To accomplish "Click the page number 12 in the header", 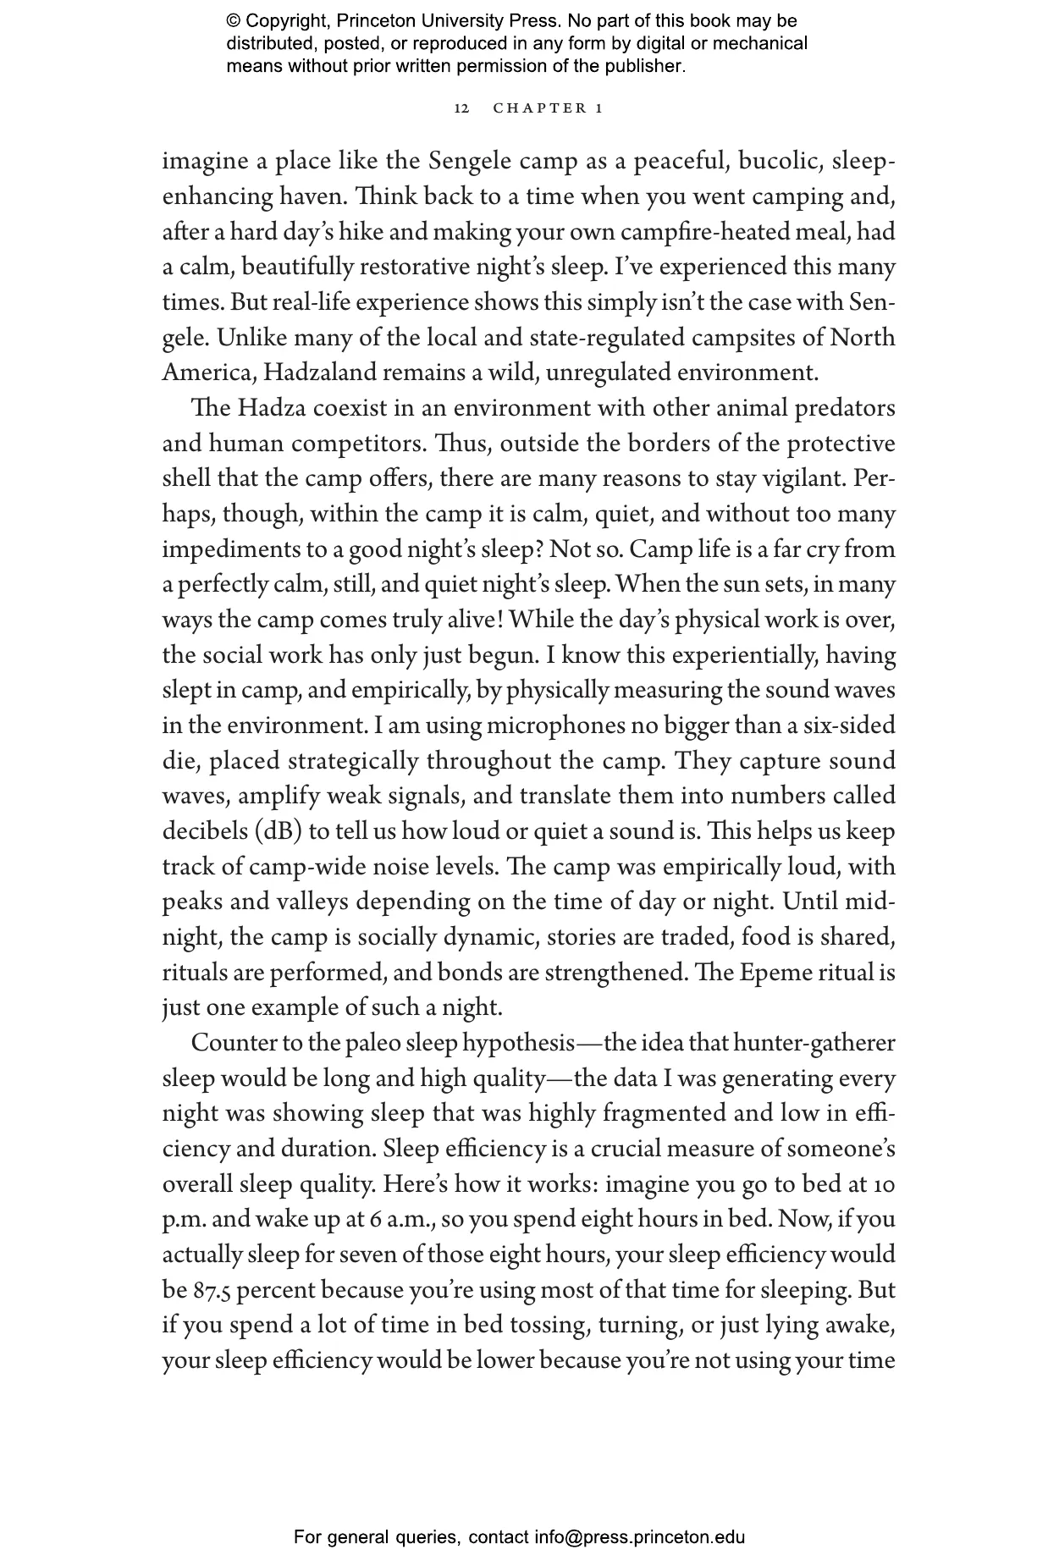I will click(461, 108).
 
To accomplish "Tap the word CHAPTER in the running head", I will click(539, 108).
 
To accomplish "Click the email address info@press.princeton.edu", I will click(639, 1537).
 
